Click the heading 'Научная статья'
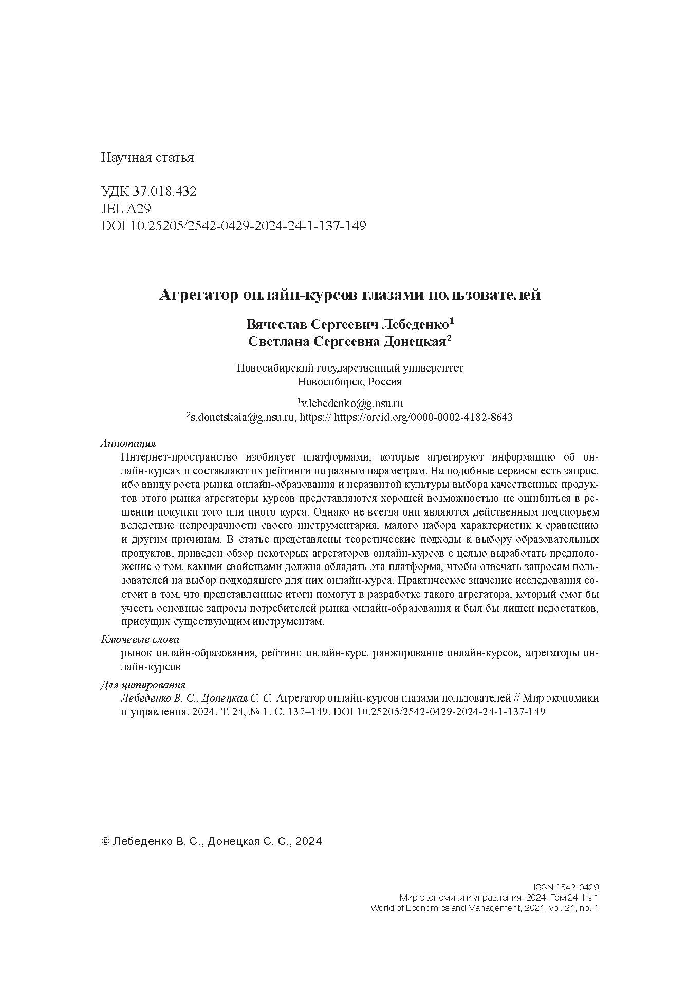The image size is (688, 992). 147,158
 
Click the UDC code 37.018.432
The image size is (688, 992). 164,192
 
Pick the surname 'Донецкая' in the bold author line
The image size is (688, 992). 414,342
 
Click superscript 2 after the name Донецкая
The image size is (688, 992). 449,339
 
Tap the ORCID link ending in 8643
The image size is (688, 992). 423,417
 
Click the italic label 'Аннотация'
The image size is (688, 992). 128,443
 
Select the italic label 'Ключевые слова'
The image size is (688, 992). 140,640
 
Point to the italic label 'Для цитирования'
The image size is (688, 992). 142,685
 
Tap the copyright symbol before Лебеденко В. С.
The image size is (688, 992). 105,841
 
